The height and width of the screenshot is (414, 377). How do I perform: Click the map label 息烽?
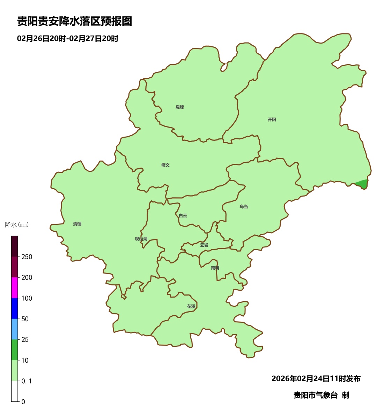[180, 107]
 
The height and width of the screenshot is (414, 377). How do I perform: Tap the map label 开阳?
[272, 120]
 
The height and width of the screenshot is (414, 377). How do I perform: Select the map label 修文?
[165, 165]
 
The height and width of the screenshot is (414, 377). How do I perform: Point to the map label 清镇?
[77, 224]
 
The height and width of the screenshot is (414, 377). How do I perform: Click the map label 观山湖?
[141, 239]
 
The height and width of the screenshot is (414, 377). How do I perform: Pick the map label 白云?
[183, 216]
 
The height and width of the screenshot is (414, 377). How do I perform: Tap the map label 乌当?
[244, 207]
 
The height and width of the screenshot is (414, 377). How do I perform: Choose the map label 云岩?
[204, 245]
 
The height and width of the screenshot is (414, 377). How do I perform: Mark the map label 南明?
[215, 268]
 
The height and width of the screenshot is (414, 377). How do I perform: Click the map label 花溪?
[191, 306]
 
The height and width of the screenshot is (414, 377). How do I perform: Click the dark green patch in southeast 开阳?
[363, 184]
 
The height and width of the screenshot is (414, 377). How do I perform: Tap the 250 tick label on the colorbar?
[27, 257]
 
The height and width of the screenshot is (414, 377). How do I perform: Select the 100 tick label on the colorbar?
[27, 298]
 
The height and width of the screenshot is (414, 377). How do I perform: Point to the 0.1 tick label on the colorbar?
[27, 381]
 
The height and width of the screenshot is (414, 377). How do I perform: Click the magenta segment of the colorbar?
[15, 287]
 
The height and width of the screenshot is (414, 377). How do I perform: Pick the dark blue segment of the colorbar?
[15, 308]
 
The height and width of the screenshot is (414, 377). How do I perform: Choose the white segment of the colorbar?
[15, 391]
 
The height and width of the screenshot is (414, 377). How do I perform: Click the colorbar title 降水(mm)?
[17, 225]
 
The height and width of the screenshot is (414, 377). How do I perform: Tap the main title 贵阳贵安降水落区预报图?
[75, 22]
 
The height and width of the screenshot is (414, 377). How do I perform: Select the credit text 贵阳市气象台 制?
[321, 395]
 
